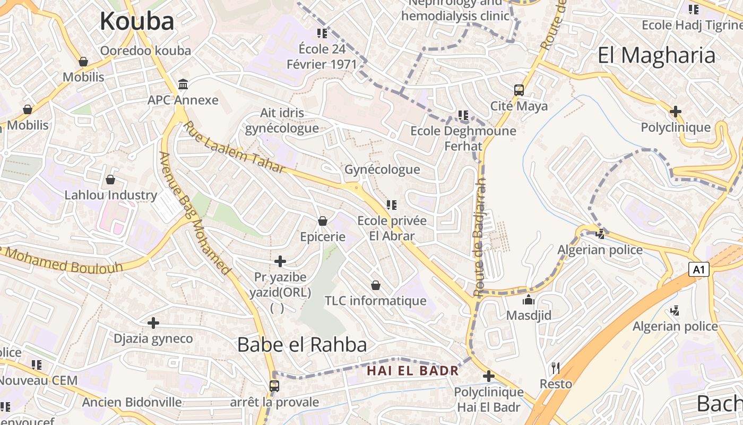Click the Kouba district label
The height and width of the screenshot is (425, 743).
pyautogui.click(x=137, y=21)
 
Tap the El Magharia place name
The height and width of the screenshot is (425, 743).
pyautogui.click(x=656, y=55)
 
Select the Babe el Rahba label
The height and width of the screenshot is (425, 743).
pyautogui.click(x=302, y=345)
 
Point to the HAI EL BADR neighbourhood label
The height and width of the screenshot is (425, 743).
pyautogui.click(x=413, y=370)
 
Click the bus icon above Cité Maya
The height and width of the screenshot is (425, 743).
pyautogui.click(x=519, y=90)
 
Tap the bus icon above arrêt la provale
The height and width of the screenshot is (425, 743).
pyautogui.click(x=274, y=386)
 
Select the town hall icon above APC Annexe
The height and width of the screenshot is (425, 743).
pyautogui.click(x=183, y=84)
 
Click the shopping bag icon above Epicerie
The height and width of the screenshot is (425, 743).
pyautogui.click(x=323, y=220)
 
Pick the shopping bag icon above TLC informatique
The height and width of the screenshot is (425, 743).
pyautogui.click(x=376, y=285)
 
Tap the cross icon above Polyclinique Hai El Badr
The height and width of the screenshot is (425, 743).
pyautogui.click(x=489, y=376)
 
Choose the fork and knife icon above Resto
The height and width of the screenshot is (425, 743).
pyautogui.click(x=556, y=368)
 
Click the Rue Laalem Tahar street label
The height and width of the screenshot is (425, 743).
pyautogui.click(x=234, y=147)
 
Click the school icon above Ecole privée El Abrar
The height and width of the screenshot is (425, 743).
pyautogui.click(x=392, y=205)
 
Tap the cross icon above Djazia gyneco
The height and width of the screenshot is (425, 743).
pyautogui.click(x=153, y=322)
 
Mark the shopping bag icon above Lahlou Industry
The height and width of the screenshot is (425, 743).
pyautogui.click(x=110, y=180)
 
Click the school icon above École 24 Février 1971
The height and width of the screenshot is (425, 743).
pyautogui.click(x=322, y=33)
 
